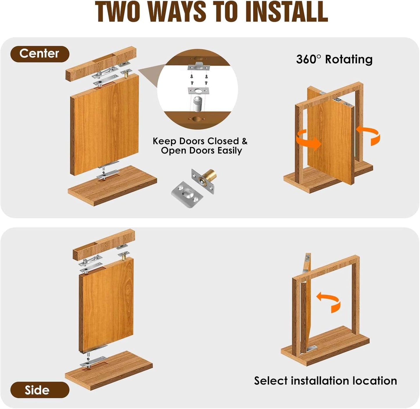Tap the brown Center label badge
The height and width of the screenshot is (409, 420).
point(40,54)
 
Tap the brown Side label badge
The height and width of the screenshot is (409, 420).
point(40,390)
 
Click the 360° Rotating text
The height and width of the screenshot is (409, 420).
point(334,59)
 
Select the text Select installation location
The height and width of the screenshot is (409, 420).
point(325,381)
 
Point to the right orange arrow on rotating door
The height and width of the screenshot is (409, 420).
point(369,135)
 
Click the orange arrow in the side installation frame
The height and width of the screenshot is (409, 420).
point(329,302)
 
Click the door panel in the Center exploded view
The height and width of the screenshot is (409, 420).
point(105,125)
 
